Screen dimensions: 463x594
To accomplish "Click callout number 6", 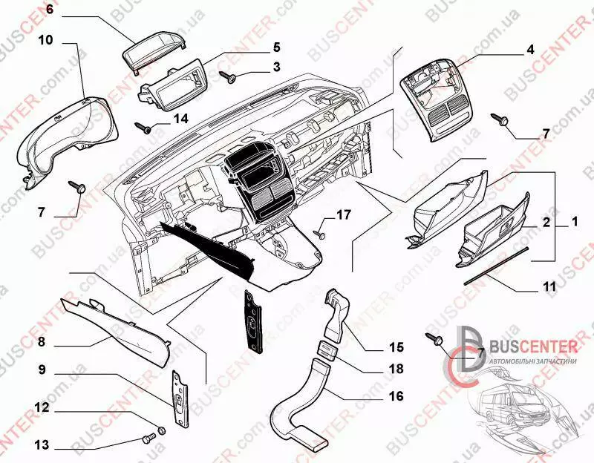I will (x=50, y=10).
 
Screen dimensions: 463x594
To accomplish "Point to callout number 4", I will (x=530, y=50).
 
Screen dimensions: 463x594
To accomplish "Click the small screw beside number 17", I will (x=320, y=233).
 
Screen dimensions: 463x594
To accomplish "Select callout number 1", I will (x=574, y=221).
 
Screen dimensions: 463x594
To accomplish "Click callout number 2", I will (x=546, y=221).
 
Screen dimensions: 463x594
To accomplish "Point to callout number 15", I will (x=396, y=347).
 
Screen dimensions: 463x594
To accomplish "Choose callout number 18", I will (x=396, y=369).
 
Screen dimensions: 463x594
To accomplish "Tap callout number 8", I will (x=42, y=342).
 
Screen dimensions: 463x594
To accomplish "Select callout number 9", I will (x=42, y=368).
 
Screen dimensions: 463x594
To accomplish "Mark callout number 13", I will (x=42, y=445).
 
